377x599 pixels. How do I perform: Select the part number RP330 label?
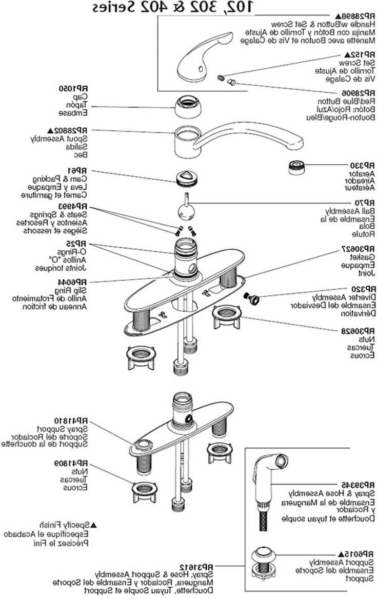(x=364, y=166)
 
